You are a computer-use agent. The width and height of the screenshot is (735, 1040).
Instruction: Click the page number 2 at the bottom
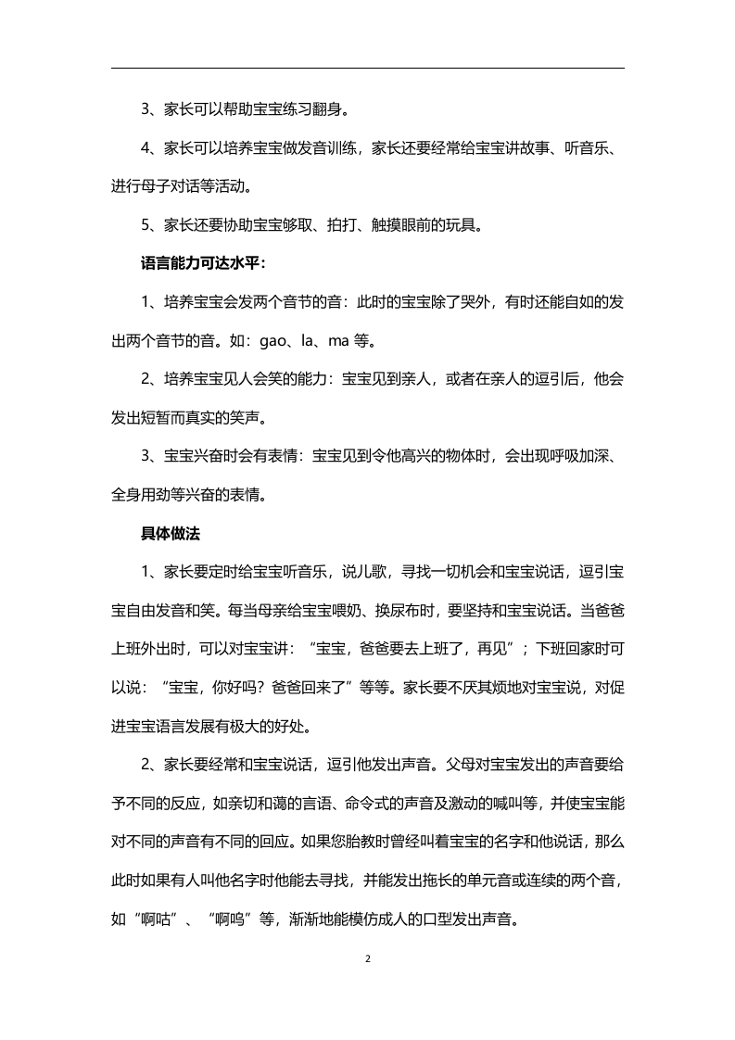click(x=368, y=958)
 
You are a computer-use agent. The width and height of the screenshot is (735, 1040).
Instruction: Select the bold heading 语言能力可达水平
click(x=200, y=263)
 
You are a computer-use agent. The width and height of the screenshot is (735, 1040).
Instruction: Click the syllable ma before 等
click(x=339, y=341)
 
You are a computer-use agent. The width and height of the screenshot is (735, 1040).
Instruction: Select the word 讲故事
click(x=539, y=147)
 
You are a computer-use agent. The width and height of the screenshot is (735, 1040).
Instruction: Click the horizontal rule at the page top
click(x=368, y=68)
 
